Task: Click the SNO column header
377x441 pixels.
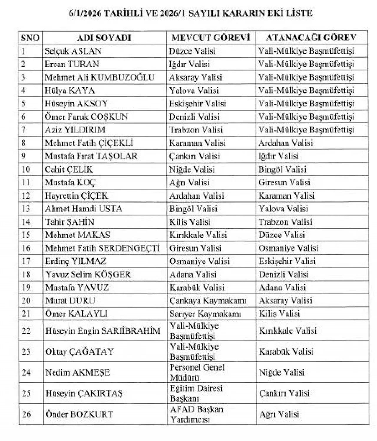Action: click(30, 38)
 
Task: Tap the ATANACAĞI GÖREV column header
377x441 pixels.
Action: click(311, 38)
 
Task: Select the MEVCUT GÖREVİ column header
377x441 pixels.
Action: click(210, 38)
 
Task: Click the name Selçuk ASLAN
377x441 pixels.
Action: click(73, 51)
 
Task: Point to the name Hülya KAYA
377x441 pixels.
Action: click(70, 90)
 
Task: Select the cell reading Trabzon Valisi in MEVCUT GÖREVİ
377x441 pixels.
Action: click(196, 130)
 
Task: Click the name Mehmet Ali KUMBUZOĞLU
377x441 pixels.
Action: click(100, 77)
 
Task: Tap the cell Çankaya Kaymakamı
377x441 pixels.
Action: click(208, 301)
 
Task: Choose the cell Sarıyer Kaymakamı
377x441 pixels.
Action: click(205, 314)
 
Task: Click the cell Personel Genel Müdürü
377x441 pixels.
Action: click(197, 372)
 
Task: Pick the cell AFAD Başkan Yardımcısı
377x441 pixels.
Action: click(196, 414)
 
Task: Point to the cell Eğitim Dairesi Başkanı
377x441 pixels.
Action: click(196, 393)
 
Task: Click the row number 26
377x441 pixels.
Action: click(26, 414)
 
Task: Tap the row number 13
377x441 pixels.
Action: click(26, 209)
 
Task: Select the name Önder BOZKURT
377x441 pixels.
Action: click(79, 414)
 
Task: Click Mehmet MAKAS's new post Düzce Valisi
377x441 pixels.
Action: click(282, 235)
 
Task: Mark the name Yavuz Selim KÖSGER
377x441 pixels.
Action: click(88, 274)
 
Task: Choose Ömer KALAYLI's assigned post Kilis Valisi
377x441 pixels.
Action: click(279, 314)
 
